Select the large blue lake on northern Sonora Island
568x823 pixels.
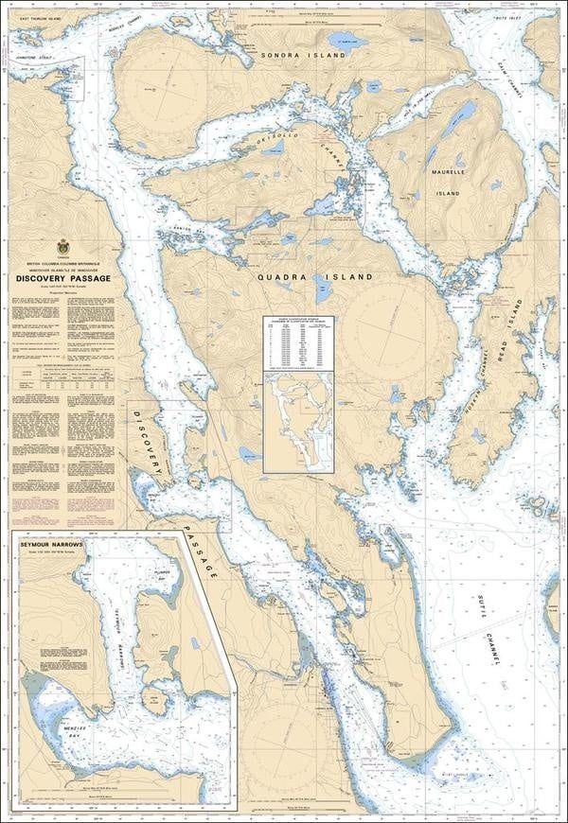point(339,41)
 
